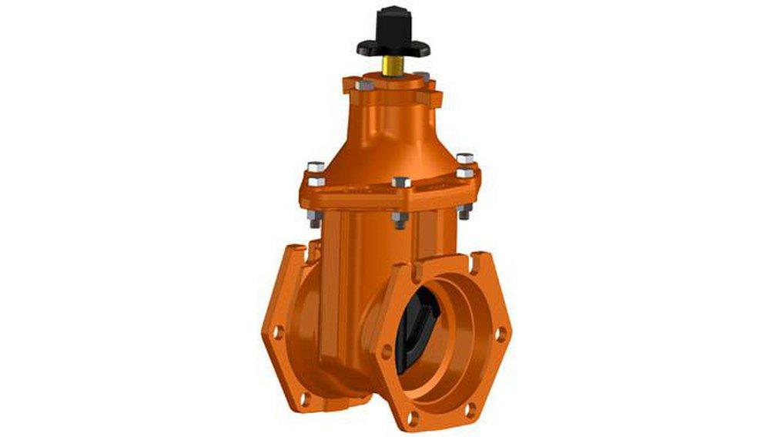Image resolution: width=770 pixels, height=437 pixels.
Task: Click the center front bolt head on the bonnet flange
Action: coord(400,183)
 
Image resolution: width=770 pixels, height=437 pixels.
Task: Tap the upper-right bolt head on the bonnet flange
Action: coord(464,160)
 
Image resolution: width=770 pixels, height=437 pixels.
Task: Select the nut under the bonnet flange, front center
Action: coord(398,220)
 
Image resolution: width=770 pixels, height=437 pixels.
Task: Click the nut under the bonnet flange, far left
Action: coord(313,218)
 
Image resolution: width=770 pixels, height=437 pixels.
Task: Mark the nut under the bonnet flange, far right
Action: coord(464,212)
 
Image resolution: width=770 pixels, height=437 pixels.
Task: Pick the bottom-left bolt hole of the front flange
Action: coord(411,417)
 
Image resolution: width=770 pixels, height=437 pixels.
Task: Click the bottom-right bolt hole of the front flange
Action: coord(474,405)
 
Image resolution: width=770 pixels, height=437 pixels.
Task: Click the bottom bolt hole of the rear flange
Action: coord(305,399)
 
